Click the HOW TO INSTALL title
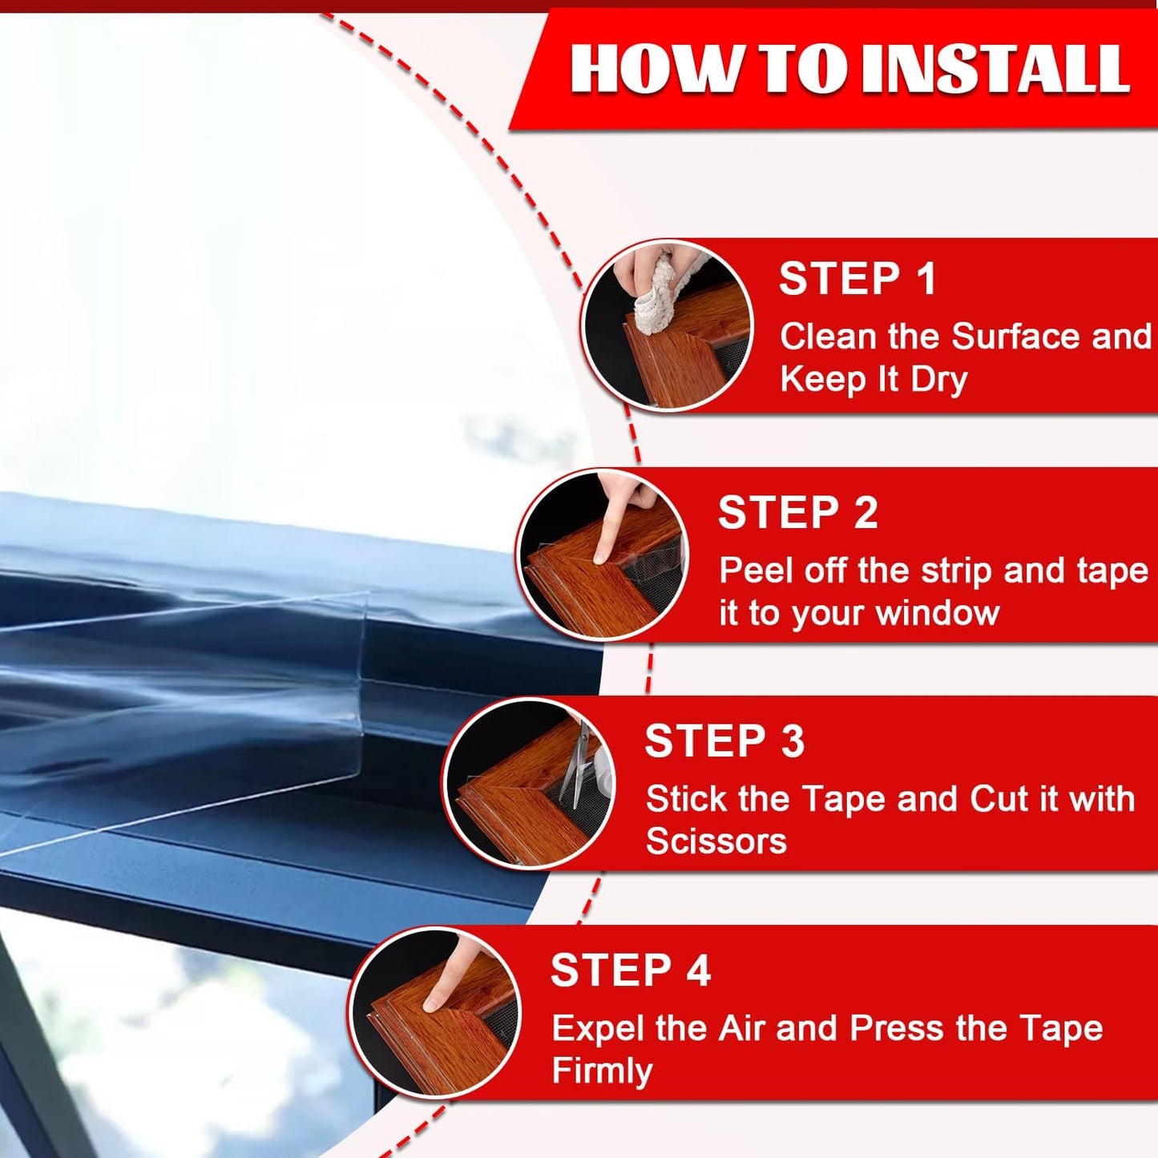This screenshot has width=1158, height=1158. (x=849, y=69)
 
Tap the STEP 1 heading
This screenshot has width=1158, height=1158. (x=857, y=280)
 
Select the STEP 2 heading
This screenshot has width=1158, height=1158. (x=797, y=513)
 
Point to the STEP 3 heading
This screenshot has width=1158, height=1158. (x=724, y=741)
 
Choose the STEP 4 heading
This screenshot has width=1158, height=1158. (x=630, y=970)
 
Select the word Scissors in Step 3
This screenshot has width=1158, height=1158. (x=716, y=841)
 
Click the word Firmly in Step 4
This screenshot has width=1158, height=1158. (x=602, y=1071)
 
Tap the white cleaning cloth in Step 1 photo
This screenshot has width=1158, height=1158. (x=661, y=293)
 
